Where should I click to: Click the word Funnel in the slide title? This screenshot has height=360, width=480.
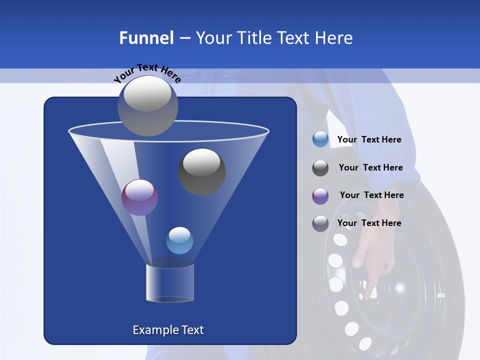(x=146, y=38)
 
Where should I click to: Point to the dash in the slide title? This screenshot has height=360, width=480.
(x=184, y=38)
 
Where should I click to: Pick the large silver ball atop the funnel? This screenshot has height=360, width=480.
(x=147, y=105)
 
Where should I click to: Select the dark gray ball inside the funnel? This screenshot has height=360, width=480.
(x=201, y=171)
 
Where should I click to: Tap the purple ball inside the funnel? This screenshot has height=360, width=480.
(x=139, y=197)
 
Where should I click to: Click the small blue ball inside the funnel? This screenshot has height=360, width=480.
(x=179, y=240)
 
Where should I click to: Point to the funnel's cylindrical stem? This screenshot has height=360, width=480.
(x=169, y=283)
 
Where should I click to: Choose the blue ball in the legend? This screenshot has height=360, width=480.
(x=320, y=139)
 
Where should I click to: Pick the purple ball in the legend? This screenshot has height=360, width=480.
(x=320, y=196)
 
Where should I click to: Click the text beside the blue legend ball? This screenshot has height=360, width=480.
(x=369, y=140)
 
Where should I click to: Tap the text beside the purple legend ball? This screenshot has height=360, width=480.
(x=371, y=195)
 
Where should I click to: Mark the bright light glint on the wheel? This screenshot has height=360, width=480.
(x=399, y=288)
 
